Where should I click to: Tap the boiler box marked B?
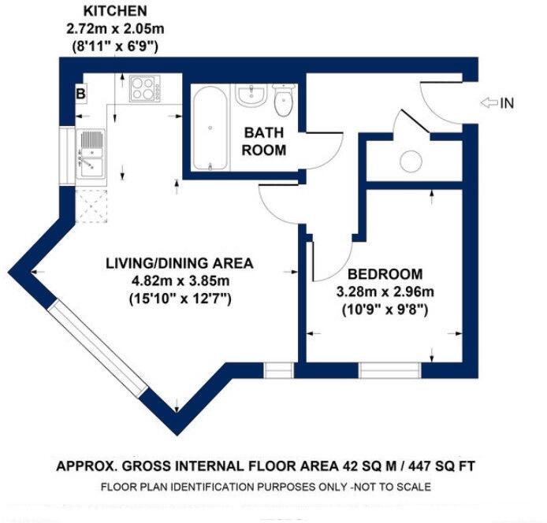[x=80, y=92]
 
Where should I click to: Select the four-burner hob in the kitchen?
[x=144, y=87]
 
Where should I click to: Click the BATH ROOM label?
[x=263, y=141]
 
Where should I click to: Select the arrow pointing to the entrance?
[x=489, y=102]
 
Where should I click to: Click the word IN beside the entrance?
[x=508, y=102]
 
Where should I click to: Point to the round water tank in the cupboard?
[x=411, y=160]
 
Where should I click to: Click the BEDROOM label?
[x=385, y=274]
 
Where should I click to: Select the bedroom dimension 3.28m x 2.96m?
[x=385, y=292]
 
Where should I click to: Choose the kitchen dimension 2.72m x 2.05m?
[x=114, y=29]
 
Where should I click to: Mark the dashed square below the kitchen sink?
[x=91, y=206]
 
